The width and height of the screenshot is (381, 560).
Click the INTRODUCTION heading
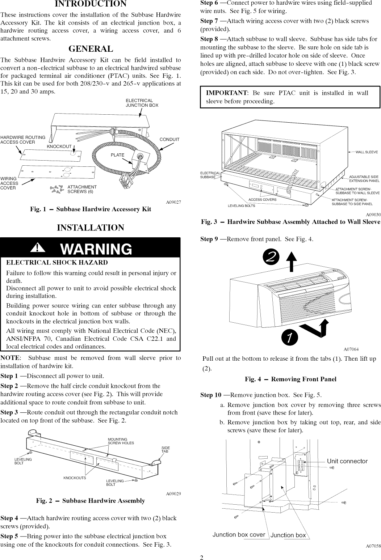click(91, 4)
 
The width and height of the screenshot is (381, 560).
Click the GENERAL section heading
click(91, 49)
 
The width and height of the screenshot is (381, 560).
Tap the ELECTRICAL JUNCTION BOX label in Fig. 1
click(142, 103)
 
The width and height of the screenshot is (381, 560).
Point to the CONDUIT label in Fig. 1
click(169, 140)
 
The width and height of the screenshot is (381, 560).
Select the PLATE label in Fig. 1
click(117, 155)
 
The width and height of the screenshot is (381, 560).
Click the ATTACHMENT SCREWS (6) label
click(82, 189)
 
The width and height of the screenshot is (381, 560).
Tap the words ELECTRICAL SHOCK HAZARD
click(57, 262)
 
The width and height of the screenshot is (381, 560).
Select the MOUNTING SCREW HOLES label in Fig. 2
click(121, 441)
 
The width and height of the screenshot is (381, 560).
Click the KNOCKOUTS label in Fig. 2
click(75, 478)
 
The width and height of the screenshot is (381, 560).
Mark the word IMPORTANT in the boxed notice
click(226, 93)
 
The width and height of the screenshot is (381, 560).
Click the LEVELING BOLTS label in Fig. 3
click(241, 206)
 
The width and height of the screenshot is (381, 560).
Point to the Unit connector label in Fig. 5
click(347, 461)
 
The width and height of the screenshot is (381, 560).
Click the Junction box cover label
click(239, 535)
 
